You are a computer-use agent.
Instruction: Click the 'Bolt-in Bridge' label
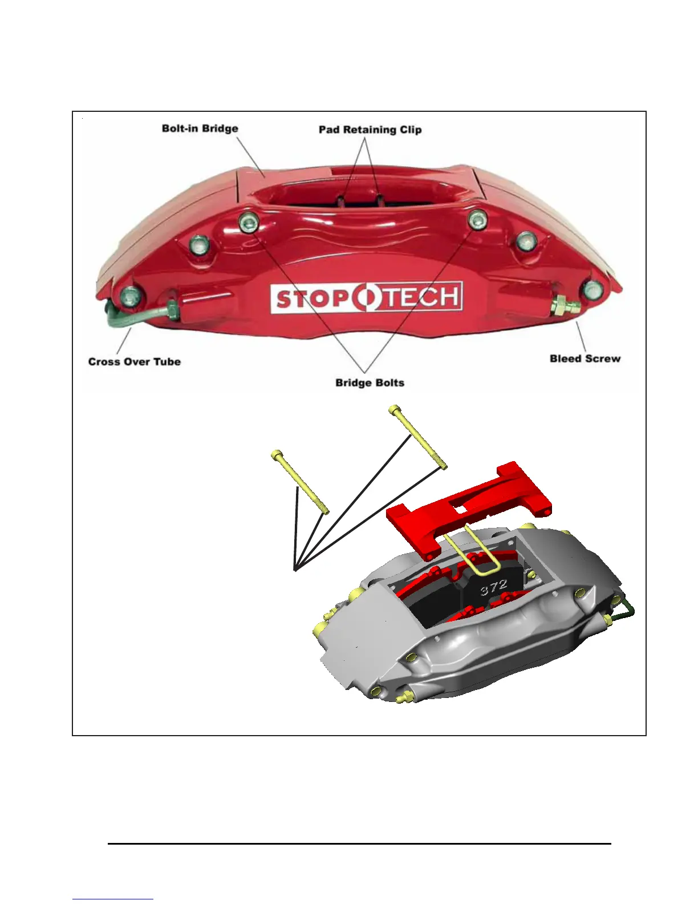coord(200,128)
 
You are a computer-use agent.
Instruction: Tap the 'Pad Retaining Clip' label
coord(370,130)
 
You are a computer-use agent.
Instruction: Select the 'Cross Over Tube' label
coord(134,361)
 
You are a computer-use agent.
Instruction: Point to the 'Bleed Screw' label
coord(585,358)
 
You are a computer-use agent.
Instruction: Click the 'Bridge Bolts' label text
coord(370,382)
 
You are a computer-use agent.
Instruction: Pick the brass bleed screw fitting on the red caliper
coord(563,306)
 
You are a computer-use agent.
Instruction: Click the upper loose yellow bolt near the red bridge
coord(417,437)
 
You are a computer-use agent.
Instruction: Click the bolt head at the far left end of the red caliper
coord(130,296)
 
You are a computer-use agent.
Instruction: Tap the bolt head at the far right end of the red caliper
coord(593,290)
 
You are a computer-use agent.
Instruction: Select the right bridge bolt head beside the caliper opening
coord(477,219)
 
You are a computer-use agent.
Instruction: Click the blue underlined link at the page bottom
coord(113,899)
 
